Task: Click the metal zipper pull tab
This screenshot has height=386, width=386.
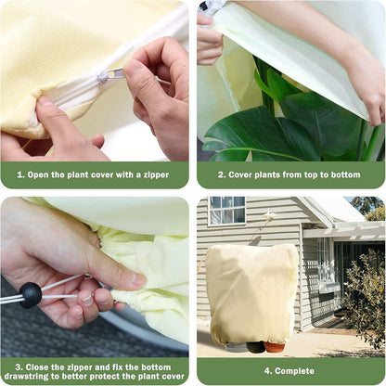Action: (x=111, y=75)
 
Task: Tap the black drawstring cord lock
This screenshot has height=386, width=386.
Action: (x=31, y=295)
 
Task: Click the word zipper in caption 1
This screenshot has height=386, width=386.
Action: (x=156, y=175)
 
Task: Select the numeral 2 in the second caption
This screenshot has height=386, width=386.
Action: (x=221, y=174)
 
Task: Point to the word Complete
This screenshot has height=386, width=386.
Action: (x=294, y=371)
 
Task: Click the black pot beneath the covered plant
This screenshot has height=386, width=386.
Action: (x=255, y=347)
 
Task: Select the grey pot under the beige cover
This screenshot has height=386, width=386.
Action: (x=236, y=347)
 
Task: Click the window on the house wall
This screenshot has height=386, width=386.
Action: (x=226, y=210)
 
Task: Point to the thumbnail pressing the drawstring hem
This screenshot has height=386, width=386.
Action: (x=138, y=279)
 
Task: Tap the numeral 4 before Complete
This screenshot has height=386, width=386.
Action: (x=267, y=371)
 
